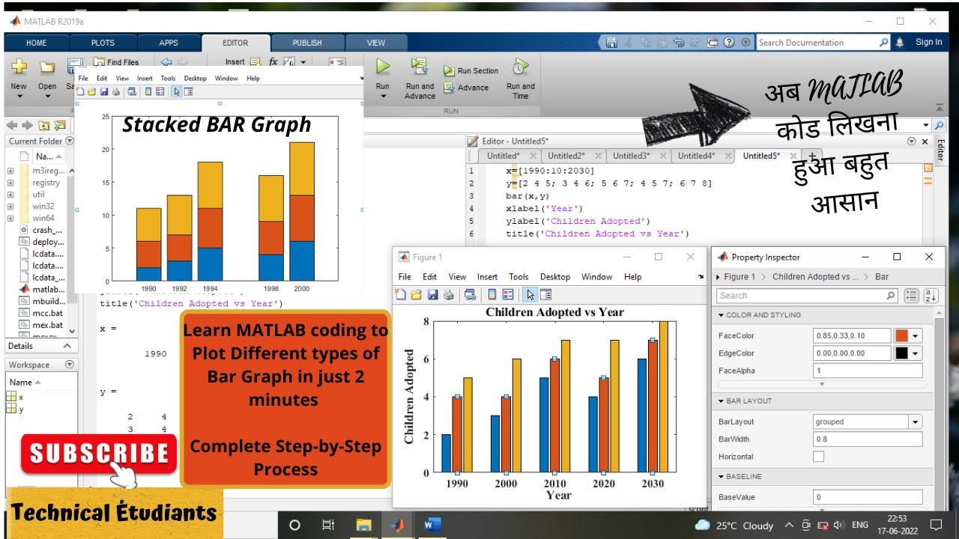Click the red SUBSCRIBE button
click(x=98, y=454)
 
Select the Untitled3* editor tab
click(x=630, y=156)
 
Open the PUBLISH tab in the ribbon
click(x=307, y=43)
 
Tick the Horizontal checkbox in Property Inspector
click(x=818, y=457)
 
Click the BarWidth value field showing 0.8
click(x=867, y=439)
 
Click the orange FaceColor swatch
click(x=901, y=336)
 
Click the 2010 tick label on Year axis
click(x=555, y=484)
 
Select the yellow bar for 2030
click(x=663, y=397)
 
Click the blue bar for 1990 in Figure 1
click(x=447, y=453)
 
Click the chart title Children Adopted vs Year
click(x=554, y=312)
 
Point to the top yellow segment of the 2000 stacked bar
click(x=301, y=168)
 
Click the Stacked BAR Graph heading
click(x=217, y=124)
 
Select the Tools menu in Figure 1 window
click(x=518, y=277)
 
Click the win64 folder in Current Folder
click(x=43, y=219)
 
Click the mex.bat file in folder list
click(x=47, y=326)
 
